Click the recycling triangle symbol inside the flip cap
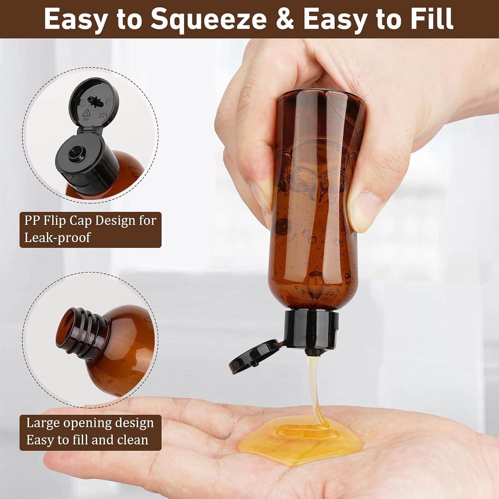86,113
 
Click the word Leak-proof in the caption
57,238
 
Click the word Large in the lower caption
43,423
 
